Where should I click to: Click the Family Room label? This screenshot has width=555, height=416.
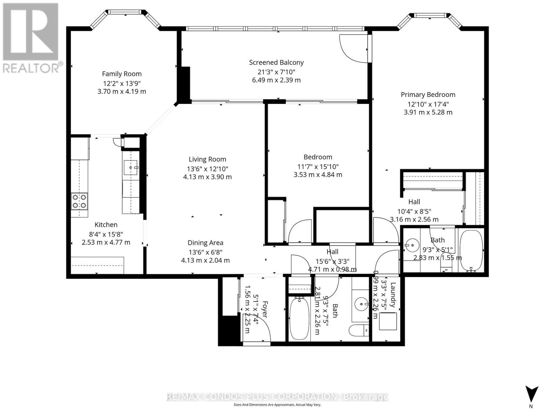tap(122, 74)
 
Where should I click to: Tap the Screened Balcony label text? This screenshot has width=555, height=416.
tap(276, 62)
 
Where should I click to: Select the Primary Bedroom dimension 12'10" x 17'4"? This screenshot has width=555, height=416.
tap(428, 104)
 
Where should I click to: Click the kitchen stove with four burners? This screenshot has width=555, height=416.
tap(79, 201)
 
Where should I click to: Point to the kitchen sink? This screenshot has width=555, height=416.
tap(131, 168)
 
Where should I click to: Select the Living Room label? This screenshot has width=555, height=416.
tap(207, 159)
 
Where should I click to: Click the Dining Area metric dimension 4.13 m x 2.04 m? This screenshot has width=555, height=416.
tap(205, 260)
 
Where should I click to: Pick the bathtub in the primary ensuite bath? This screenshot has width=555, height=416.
tap(471, 250)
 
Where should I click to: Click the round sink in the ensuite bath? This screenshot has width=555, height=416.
tap(412, 245)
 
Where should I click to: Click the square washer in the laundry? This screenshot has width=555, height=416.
tap(387, 321)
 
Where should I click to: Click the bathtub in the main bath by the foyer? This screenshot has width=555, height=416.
tap(299, 318)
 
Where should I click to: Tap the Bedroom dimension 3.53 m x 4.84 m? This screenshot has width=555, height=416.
tap(318, 175)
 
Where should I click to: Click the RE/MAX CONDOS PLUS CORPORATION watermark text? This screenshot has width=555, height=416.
tap(277, 397)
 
